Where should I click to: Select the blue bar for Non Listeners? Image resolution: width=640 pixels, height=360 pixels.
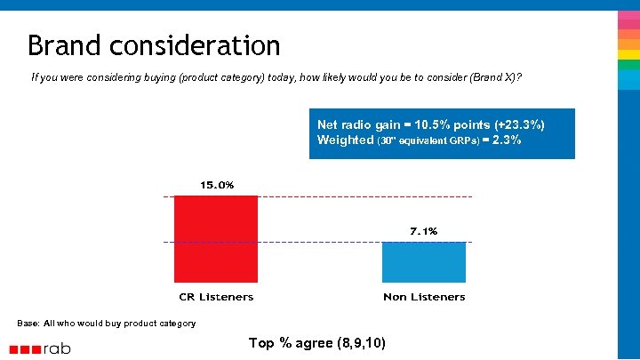(x=424, y=262)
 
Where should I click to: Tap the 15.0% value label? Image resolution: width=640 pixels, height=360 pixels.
(x=216, y=185)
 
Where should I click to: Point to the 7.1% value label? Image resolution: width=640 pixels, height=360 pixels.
(x=423, y=231)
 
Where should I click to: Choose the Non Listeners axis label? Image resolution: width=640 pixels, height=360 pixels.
(x=424, y=297)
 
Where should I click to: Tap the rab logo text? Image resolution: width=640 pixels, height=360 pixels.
(x=56, y=348)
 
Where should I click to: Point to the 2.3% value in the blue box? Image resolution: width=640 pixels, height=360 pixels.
(x=508, y=140)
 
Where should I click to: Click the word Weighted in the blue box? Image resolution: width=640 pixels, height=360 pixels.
(x=346, y=140)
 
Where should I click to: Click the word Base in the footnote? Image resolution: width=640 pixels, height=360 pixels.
(x=28, y=323)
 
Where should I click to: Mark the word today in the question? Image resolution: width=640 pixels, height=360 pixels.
(x=284, y=77)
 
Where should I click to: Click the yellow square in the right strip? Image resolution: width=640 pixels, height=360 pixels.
(x=628, y=54)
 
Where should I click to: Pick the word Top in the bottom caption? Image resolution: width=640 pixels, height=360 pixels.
(x=261, y=343)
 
